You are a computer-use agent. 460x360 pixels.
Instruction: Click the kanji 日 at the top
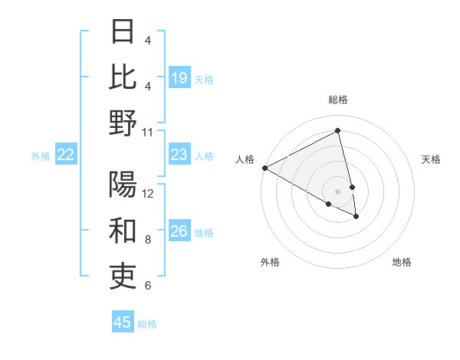tap(123, 31)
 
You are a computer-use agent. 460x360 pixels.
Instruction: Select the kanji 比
tap(123, 76)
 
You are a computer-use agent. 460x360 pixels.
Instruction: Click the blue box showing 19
tap(179, 78)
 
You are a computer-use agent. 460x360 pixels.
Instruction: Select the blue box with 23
tap(179, 155)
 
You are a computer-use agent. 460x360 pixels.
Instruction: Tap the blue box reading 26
tap(179, 232)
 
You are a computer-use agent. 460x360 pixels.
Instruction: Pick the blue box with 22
tap(66, 155)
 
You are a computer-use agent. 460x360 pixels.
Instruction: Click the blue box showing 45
tap(123, 322)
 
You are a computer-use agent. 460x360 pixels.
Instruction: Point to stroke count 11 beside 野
tap(148, 132)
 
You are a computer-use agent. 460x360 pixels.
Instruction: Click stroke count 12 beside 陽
tap(148, 193)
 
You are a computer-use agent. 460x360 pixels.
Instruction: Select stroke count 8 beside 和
tap(148, 240)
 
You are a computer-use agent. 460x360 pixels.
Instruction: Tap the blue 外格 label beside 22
tap(41, 156)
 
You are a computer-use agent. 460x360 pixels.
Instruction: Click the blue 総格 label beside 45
tap(147, 323)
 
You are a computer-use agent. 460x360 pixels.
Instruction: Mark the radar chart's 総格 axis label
tap(337, 100)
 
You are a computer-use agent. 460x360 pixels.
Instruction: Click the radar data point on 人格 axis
tap(264, 167)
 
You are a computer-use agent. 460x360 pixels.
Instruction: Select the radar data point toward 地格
tap(356, 217)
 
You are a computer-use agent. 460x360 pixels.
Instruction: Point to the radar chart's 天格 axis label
tap(431, 159)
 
